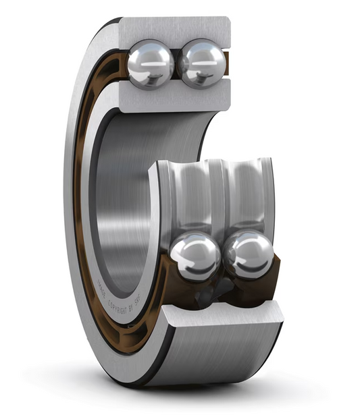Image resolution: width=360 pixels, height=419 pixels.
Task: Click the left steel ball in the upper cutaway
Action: [x=150, y=64]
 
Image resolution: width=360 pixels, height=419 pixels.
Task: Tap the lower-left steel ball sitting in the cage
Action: [x=195, y=257]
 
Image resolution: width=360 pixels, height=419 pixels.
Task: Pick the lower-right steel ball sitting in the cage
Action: [x=249, y=254]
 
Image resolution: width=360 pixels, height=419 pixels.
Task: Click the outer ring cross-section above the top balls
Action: [x=176, y=30]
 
